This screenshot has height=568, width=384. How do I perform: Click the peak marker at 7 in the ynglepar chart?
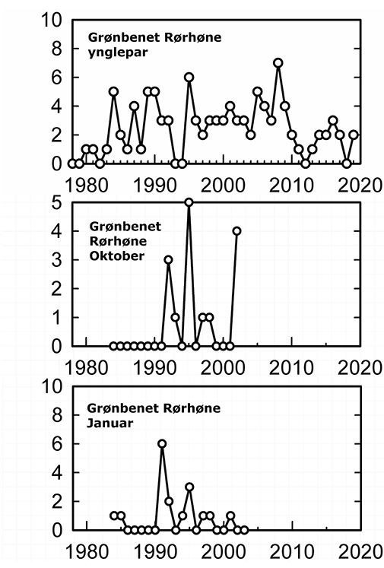pyautogui.click(x=278, y=62)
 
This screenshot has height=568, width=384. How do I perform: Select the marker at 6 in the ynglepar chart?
pyautogui.click(x=189, y=77)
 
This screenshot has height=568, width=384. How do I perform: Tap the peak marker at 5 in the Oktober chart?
pyautogui.click(x=189, y=202)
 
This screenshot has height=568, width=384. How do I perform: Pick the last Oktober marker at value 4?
pyautogui.click(x=237, y=230)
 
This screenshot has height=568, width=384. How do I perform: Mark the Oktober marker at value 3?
pyautogui.click(x=168, y=260)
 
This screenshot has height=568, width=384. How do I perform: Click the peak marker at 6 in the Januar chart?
pyautogui.click(x=162, y=444)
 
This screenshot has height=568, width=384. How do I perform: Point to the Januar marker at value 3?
pyautogui.click(x=189, y=487)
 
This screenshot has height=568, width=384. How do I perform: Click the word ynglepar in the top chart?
pyautogui.click(x=118, y=53)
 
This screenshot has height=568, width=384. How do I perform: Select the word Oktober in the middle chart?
pyautogui.click(x=116, y=255)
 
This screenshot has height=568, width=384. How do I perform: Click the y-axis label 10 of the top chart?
pyautogui.click(x=52, y=21)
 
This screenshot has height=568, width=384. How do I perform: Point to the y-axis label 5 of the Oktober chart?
pyautogui.click(x=57, y=202)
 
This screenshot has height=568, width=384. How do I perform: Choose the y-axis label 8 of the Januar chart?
pyautogui.click(x=57, y=415)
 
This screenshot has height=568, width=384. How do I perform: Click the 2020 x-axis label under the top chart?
pyautogui.click(x=360, y=185)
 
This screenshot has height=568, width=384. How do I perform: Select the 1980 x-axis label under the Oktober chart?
pyautogui.click(x=86, y=368)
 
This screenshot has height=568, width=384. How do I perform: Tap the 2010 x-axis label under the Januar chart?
pyautogui.click(x=292, y=552)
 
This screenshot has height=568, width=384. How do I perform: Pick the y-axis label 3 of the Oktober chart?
pyautogui.click(x=57, y=260)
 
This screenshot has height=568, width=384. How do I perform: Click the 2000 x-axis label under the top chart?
pyautogui.click(x=223, y=185)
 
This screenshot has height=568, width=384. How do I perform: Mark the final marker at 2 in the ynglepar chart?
pyautogui.click(x=354, y=135)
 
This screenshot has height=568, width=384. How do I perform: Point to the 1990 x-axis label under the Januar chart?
pyautogui.click(x=155, y=552)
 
